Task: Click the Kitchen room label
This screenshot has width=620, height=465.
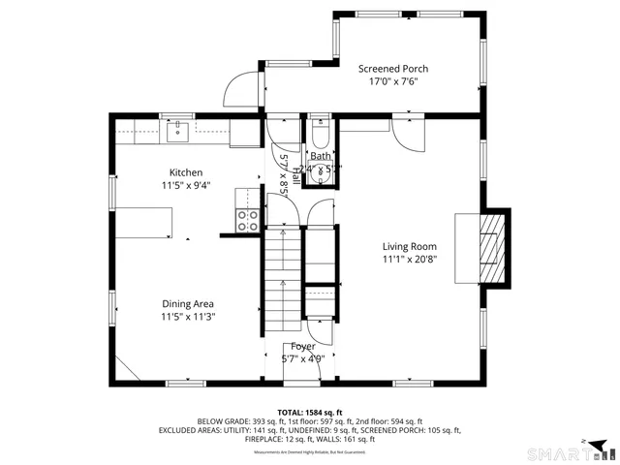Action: pos(186,172)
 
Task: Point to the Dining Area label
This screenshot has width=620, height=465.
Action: pos(188,303)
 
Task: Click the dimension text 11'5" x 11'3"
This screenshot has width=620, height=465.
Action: pos(188,316)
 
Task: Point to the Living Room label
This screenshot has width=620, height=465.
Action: pos(409,246)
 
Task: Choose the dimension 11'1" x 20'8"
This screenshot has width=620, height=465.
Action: pos(409,259)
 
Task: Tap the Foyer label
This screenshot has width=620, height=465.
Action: pos(303,346)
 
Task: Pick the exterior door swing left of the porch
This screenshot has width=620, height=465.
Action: pos(238,90)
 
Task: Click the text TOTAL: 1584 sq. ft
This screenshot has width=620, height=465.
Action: pos(310,412)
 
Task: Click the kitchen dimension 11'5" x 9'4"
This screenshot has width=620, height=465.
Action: pos(186,185)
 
